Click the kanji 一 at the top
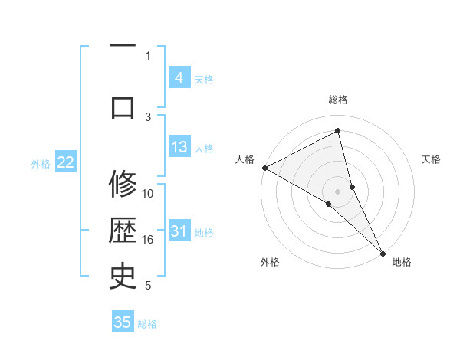pyautogui.click(x=123, y=47)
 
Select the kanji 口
pyautogui.click(x=123, y=107)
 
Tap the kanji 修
pyautogui.click(x=123, y=185)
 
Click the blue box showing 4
pyautogui.click(x=179, y=78)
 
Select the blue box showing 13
pyautogui.click(x=179, y=147)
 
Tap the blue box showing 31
pyautogui.click(x=179, y=231)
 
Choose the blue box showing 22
pyautogui.click(x=66, y=162)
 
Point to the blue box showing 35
pyautogui.click(x=123, y=322)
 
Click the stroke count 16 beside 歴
pyautogui.click(x=148, y=240)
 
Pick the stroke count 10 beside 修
pyautogui.click(x=148, y=194)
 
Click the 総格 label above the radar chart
pyautogui.click(x=338, y=100)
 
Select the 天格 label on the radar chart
pyautogui.click(x=432, y=159)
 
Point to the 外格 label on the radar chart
pyautogui.click(x=270, y=262)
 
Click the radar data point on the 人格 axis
pyautogui.click(x=264, y=168)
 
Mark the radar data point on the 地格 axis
pyautogui.click(x=383, y=252)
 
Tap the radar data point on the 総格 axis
pyautogui.click(x=338, y=131)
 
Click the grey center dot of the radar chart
pyautogui.click(x=338, y=191)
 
